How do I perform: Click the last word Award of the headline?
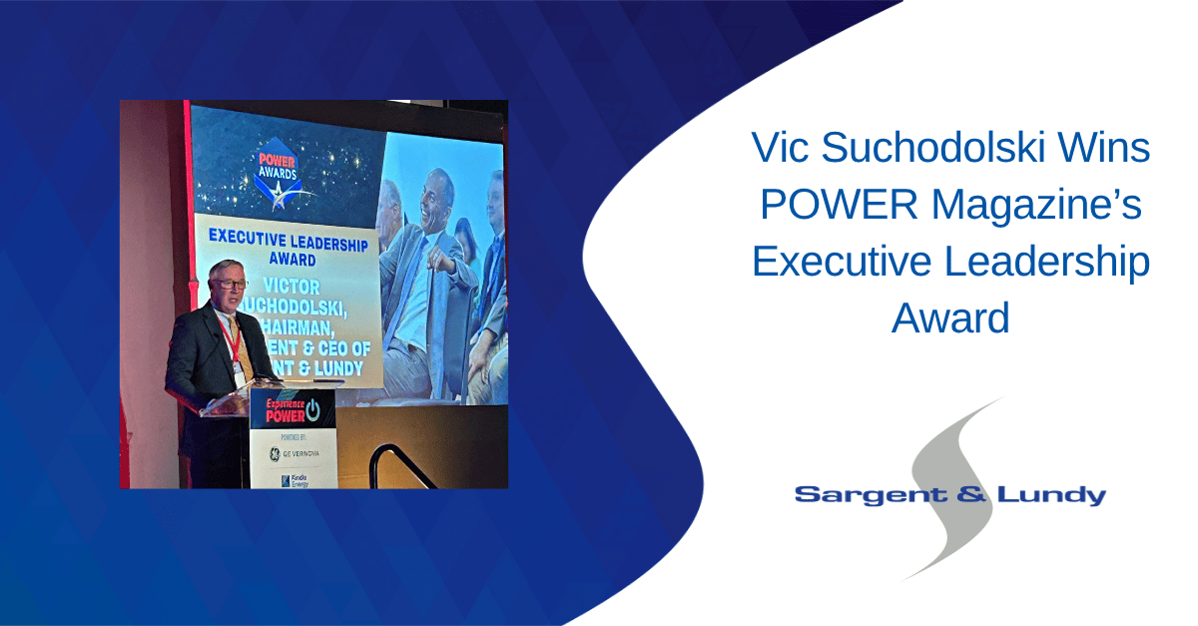click(x=950, y=318)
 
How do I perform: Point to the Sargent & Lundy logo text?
click(x=949, y=495)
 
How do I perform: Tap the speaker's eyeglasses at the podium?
click(x=228, y=285)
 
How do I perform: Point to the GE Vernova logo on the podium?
click(x=291, y=452)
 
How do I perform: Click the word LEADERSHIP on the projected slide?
click(x=321, y=242)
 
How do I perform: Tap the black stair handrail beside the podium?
click(x=399, y=461)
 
